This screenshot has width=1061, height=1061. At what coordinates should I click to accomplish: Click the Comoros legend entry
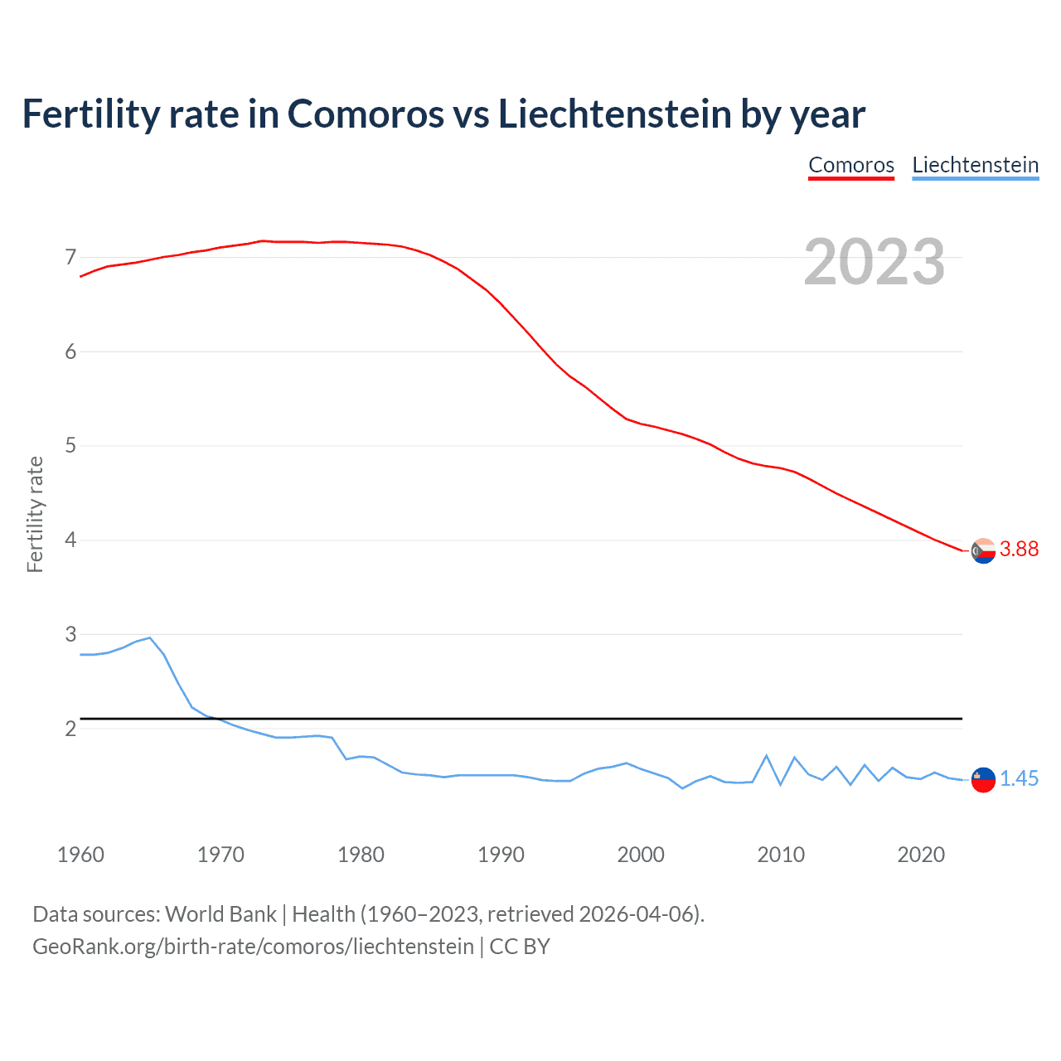(851, 165)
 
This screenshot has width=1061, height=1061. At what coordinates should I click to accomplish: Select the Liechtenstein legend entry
(975, 165)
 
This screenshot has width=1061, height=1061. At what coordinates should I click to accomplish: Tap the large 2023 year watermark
(874, 262)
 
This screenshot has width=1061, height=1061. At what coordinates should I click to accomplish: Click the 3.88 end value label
(1019, 550)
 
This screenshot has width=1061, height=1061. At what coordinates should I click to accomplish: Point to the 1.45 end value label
(1019, 779)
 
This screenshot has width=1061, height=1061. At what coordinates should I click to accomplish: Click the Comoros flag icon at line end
(983, 550)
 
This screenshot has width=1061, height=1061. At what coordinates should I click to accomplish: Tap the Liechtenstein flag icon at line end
(983, 779)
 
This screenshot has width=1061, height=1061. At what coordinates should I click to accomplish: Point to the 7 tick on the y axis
(70, 258)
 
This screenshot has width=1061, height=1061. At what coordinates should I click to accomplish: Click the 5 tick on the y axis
(70, 446)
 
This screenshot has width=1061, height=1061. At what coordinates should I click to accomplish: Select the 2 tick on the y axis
(70, 729)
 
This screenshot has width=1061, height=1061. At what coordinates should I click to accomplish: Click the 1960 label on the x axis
(80, 855)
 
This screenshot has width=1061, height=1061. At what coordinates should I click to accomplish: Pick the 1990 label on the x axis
(501, 855)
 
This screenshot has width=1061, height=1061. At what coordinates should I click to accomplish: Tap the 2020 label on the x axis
(921, 855)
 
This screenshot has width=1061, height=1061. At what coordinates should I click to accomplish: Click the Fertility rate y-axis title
(35, 514)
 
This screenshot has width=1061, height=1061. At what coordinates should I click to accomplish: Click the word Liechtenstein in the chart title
(614, 114)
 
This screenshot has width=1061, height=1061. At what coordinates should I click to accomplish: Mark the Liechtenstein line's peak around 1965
(150, 637)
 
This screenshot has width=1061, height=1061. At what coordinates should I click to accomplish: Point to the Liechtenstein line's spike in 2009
(767, 755)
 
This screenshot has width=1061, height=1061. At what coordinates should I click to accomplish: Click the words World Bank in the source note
(220, 914)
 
